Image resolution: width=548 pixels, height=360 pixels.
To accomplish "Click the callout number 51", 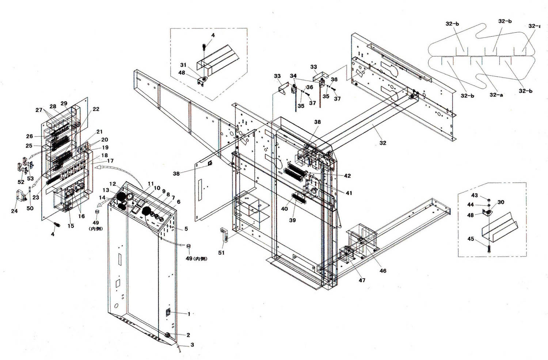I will (x=221, y=253).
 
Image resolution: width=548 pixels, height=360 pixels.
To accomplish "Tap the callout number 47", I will (x=361, y=280).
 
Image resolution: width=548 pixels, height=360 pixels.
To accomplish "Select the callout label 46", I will (x=383, y=271).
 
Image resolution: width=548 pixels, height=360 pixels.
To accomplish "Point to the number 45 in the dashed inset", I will (x=471, y=239).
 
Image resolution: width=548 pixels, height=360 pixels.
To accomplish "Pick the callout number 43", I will (x=474, y=196).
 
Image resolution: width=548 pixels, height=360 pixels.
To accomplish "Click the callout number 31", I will (x=183, y=65).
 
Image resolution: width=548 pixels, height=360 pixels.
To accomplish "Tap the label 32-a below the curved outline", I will (x=496, y=95).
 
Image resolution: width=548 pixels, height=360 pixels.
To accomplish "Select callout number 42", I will (x=347, y=176).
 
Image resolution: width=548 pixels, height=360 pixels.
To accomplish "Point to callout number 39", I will (x=292, y=220).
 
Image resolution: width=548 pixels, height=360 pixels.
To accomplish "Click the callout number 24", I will (x=14, y=211).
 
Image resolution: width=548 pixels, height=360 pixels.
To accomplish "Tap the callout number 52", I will (x=21, y=182).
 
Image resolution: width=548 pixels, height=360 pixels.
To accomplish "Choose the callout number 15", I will (x=71, y=226).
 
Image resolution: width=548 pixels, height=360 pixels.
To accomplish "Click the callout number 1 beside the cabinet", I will (x=189, y=314).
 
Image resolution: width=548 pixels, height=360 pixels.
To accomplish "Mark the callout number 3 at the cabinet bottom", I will (x=192, y=345).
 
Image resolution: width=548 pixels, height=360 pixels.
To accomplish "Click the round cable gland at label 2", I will (x=168, y=335).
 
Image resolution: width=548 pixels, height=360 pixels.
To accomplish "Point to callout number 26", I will (x=29, y=136).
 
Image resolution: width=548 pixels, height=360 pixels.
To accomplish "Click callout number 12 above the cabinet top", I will (x=113, y=184).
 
